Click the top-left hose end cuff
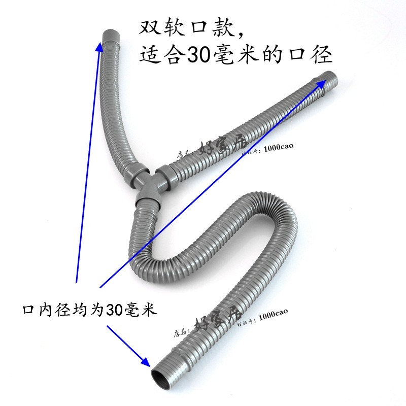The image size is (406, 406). (x=112, y=37)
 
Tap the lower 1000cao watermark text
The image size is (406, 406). (x=274, y=314)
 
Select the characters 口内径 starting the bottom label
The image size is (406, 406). (x=43, y=309)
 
